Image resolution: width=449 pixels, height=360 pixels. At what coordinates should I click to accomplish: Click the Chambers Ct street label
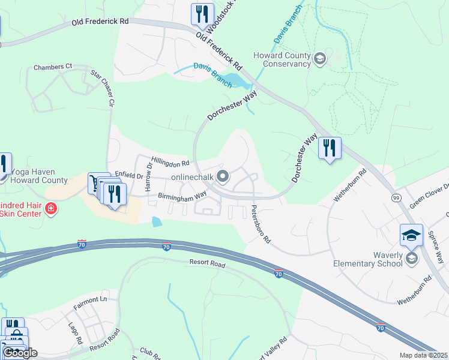tap(52, 67)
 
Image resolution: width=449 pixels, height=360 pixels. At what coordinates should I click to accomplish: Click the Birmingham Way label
tap(182, 195)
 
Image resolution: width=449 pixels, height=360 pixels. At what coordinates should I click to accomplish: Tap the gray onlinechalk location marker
tap(223, 176)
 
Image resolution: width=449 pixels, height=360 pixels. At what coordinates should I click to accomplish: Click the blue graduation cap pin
tap(411, 235)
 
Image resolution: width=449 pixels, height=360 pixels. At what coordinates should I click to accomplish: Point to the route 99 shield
tap(396, 197)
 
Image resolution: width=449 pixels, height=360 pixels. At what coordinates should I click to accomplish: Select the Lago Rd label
tap(74, 332)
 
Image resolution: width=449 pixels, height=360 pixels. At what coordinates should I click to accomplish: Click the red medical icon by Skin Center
tap(51, 209)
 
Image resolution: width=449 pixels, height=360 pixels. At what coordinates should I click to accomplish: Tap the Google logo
tap(19, 353)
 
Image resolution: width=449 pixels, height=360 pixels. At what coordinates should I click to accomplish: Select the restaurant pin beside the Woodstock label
tap(202, 14)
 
